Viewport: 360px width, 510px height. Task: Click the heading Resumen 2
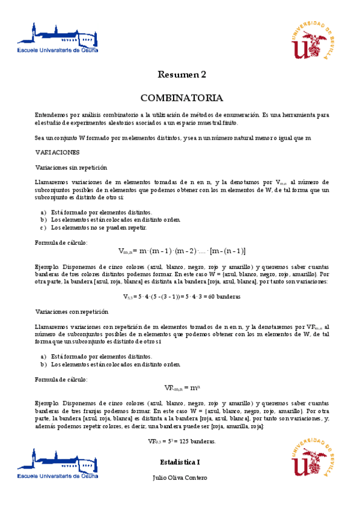point(182,75)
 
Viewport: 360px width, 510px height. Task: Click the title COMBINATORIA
point(182,98)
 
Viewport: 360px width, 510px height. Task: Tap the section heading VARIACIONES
point(57,152)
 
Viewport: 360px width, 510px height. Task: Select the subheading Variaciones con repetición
point(72,312)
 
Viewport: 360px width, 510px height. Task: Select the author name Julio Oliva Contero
point(180,478)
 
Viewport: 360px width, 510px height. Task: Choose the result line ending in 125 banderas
point(182,441)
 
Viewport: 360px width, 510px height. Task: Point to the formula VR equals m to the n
point(181,388)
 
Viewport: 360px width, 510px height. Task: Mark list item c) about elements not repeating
point(93,228)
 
